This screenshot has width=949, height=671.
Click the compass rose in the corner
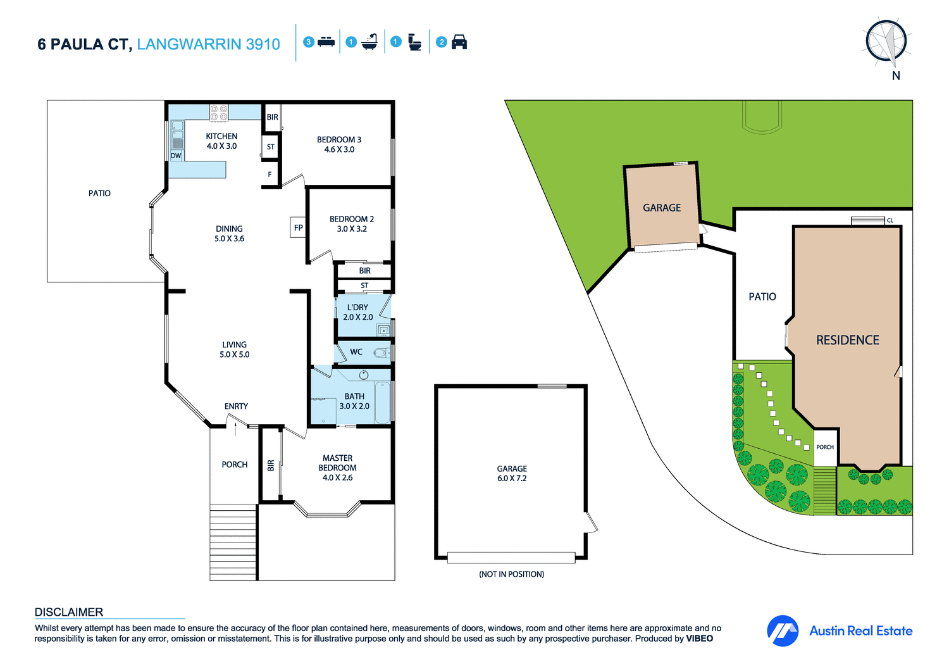(x=886, y=42)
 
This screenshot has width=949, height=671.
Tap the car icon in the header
(x=459, y=42)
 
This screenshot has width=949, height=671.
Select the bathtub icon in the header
(x=369, y=42)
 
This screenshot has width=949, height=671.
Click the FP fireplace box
(x=298, y=228)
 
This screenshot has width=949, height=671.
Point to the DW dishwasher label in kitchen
(x=176, y=156)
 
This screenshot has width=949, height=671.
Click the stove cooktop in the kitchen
(x=219, y=113)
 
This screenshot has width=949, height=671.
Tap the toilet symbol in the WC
(x=381, y=353)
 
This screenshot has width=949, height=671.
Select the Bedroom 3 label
(x=339, y=140)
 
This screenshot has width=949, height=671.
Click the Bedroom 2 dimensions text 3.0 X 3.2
(x=352, y=229)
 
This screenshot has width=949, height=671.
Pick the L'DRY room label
(x=357, y=307)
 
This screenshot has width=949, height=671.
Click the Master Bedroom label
(x=337, y=463)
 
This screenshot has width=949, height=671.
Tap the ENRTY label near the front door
(x=236, y=406)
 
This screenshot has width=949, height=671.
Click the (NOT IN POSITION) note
(x=511, y=574)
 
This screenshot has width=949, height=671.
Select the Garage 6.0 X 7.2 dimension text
(x=512, y=479)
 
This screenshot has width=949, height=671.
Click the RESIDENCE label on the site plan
(x=847, y=341)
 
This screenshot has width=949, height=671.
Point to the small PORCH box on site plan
(x=825, y=447)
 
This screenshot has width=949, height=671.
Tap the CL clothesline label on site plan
(x=890, y=220)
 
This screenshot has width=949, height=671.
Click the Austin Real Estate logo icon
(x=783, y=630)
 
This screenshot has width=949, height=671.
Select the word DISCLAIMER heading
(x=69, y=612)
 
